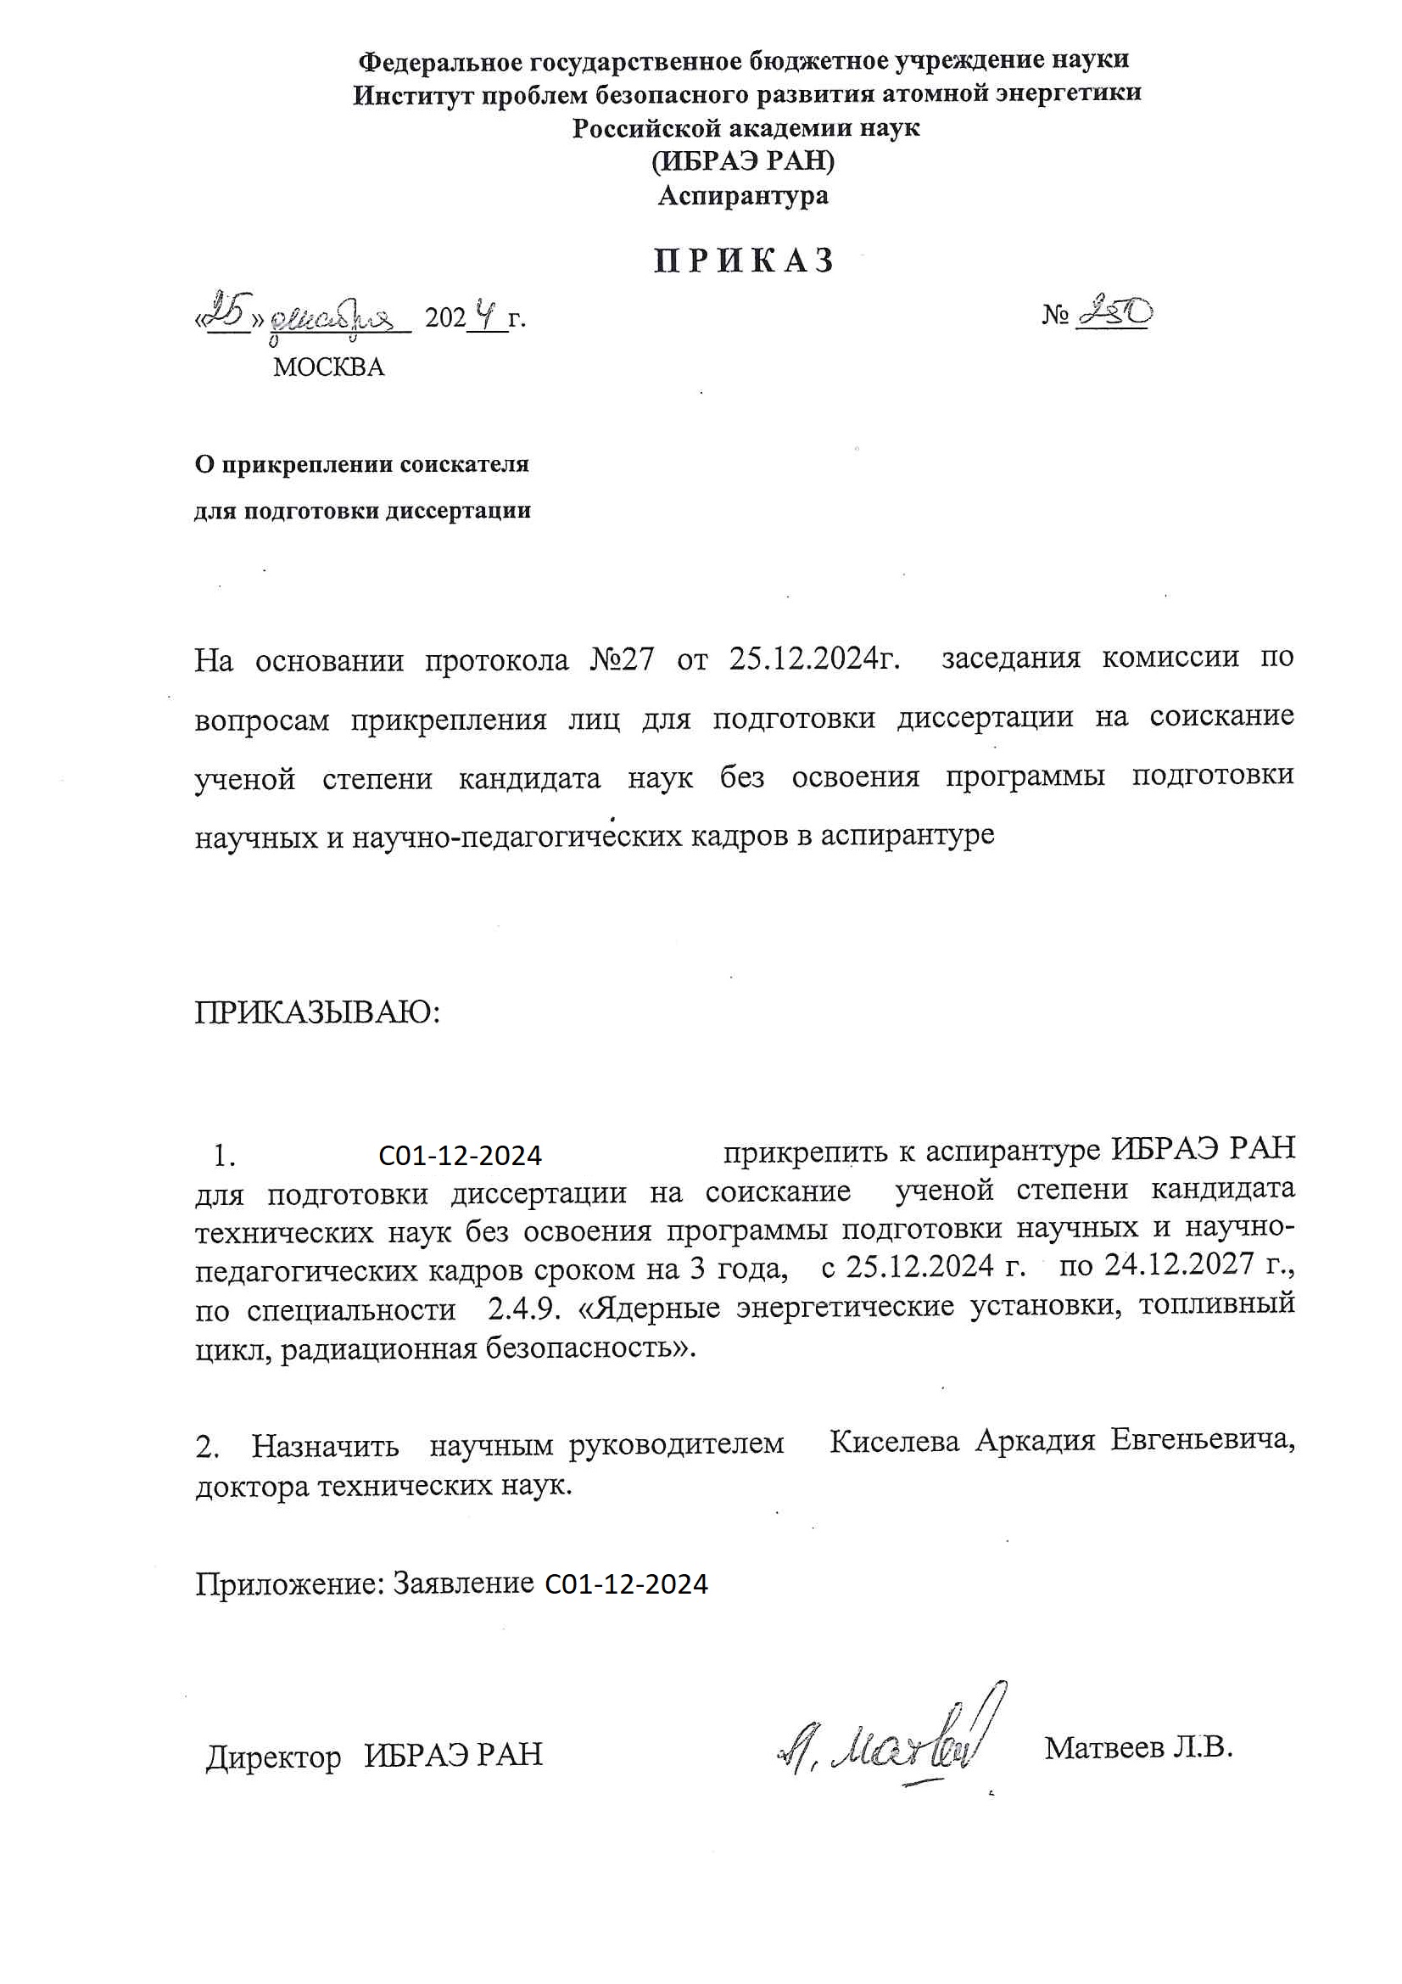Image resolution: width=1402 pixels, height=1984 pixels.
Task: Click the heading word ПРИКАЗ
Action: (744, 261)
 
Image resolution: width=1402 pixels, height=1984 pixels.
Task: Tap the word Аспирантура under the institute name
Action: (743, 196)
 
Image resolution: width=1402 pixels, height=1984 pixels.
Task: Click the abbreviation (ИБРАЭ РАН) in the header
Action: (743, 161)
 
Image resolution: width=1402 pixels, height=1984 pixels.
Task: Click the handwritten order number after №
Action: (1114, 312)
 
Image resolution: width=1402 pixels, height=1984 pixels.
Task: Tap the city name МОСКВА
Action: (328, 367)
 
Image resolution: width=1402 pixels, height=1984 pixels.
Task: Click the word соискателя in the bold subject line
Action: (465, 465)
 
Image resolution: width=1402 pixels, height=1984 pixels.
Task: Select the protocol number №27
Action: (622, 661)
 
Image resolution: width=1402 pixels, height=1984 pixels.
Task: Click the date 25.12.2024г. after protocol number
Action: (813, 659)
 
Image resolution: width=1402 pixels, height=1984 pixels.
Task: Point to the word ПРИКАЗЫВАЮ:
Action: (317, 1012)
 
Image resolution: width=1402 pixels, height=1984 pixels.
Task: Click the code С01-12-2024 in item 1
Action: (461, 1156)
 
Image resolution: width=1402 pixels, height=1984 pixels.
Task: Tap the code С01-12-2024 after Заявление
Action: (626, 1585)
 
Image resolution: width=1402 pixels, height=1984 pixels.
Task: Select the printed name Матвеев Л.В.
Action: (1137, 1748)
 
